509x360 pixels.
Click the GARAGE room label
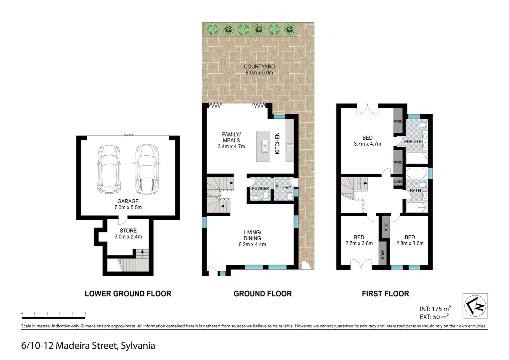[x=128, y=201]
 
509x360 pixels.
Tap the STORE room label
[x=128, y=231]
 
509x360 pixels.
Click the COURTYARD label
[x=259, y=67]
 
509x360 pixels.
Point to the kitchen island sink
[x=265, y=146]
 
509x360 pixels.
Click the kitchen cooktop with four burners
[x=289, y=146]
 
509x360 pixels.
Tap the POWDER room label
[x=260, y=189]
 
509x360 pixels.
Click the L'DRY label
[x=285, y=188]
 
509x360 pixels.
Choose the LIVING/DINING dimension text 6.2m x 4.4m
[x=252, y=244]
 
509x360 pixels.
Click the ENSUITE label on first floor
[x=413, y=142]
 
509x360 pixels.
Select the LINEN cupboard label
[x=398, y=182]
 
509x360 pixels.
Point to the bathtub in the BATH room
[x=416, y=173]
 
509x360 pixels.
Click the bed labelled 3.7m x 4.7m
[x=367, y=141]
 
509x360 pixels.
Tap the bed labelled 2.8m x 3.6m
[x=410, y=240]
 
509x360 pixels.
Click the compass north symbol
[x=475, y=306]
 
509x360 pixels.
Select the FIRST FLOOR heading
[x=385, y=294]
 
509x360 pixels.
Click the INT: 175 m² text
[x=435, y=309]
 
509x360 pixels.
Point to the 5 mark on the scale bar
[x=85, y=314]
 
